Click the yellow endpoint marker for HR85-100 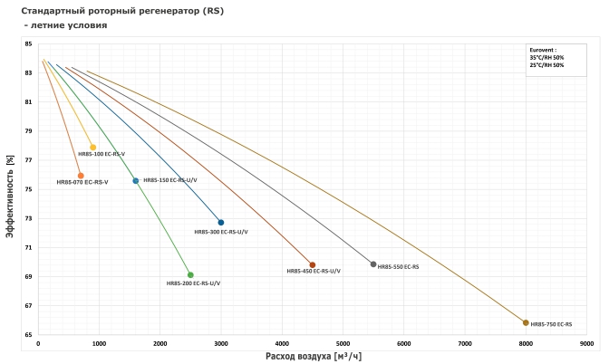tap(93, 148)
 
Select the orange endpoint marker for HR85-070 tap(81, 176)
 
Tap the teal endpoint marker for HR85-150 tap(136, 181)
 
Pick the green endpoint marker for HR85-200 tap(190, 275)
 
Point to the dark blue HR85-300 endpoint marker tap(221, 223)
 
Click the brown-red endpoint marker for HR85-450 tap(313, 265)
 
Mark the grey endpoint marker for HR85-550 tap(373, 264)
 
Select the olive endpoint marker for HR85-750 tap(526, 322)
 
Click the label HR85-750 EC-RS tap(551, 324)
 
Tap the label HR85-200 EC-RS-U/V tap(193, 283)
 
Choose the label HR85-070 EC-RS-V tap(82, 183)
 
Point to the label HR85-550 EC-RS tap(398, 267)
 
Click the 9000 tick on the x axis tap(586, 344)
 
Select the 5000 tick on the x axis tap(343, 344)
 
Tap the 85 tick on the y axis tap(28, 44)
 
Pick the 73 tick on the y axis tap(28, 218)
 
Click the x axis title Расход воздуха tap(313, 356)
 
